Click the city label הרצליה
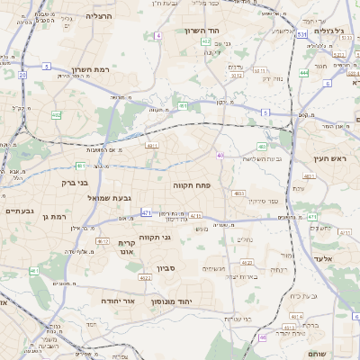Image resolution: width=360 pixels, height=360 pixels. click(99, 16)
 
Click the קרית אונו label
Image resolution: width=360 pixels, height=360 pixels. click(127, 247)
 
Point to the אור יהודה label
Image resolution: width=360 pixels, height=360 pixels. click(118, 300)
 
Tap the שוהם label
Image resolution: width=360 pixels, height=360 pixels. click(317, 354)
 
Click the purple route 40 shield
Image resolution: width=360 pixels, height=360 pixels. click(220, 155)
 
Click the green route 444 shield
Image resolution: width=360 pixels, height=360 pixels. click(304, 72)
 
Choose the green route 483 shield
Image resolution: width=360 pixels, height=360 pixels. click(262, 146)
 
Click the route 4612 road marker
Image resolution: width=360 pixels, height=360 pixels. click(103, 241)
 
